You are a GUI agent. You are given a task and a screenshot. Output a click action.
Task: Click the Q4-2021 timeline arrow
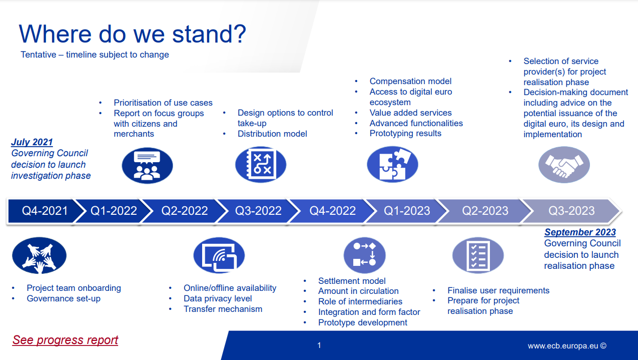(x=43, y=211)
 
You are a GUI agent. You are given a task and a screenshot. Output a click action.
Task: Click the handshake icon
(x=564, y=165)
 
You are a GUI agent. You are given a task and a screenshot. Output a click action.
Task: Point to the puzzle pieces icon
(x=392, y=164)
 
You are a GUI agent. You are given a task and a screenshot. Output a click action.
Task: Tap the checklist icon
(x=478, y=255)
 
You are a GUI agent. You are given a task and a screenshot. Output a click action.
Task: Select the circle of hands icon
(x=40, y=255)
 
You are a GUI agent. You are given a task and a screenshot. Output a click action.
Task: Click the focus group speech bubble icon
(x=147, y=166)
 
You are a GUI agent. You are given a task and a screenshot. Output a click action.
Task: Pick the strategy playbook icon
(x=261, y=165)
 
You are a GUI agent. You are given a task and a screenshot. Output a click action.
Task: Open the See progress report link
(x=65, y=340)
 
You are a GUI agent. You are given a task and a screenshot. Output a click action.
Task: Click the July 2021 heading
(x=32, y=142)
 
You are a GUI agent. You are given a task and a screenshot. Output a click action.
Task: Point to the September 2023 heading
(x=580, y=232)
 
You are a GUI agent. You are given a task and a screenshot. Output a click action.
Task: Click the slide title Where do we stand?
(x=133, y=34)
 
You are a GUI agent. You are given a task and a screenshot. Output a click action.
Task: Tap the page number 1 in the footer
(x=319, y=345)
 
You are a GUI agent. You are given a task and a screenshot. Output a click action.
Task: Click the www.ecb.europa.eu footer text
(x=567, y=346)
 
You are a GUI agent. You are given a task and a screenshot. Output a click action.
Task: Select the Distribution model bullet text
(x=272, y=134)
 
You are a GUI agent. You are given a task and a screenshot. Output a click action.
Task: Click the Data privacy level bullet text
(x=218, y=298)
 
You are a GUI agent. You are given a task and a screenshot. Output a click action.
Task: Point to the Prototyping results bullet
(x=405, y=133)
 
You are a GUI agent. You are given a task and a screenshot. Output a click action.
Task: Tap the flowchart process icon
(x=365, y=255)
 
